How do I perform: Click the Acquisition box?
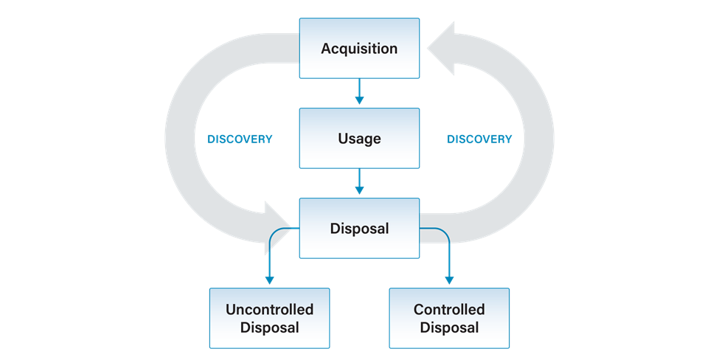tap(360, 48)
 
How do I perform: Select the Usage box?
tap(360, 138)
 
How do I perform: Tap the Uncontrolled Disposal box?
tap(270, 318)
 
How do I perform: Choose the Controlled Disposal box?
tap(449, 318)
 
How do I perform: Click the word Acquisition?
tap(360, 49)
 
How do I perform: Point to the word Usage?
tap(360, 139)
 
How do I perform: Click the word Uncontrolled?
tap(270, 310)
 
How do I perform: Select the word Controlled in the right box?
tap(449, 310)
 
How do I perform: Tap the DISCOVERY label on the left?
tap(240, 139)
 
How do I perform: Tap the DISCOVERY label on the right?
tap(479, 139)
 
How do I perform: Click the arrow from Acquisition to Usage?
tap(360, 91)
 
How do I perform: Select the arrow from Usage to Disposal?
tap(360, 181)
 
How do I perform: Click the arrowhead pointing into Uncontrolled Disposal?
tap(270, 280)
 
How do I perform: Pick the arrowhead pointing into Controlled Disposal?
tap(449, 280)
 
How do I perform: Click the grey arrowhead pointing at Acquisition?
tap(441, 48)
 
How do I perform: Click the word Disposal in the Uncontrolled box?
tap(270, 328)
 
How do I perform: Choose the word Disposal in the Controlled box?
tap(449, 328)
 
